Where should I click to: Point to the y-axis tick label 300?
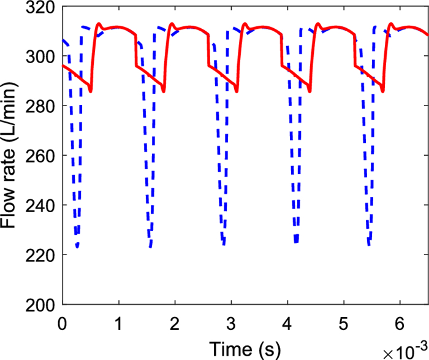[x=39, y=56]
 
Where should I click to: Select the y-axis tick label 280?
[x=39, y=106]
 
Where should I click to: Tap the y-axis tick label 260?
[x=39, y=156]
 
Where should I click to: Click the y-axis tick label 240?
[x=39, y=205]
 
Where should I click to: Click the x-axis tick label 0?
[x=61, y=322]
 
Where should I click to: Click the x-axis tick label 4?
[x=287, y=322]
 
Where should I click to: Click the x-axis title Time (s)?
[x=245, y=348]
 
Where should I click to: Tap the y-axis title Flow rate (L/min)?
[x=10, y=156]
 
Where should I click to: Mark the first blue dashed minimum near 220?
[x=77, y=247]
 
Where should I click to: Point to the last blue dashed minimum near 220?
[x=369, y=245]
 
